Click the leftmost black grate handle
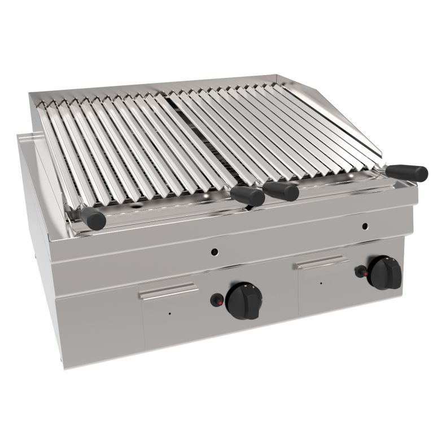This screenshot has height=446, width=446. coord(93,217)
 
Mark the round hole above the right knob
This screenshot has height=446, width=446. coord(364,227)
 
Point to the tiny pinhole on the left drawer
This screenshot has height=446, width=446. coord(169,312)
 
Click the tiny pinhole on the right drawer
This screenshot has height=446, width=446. coord(321,282)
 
